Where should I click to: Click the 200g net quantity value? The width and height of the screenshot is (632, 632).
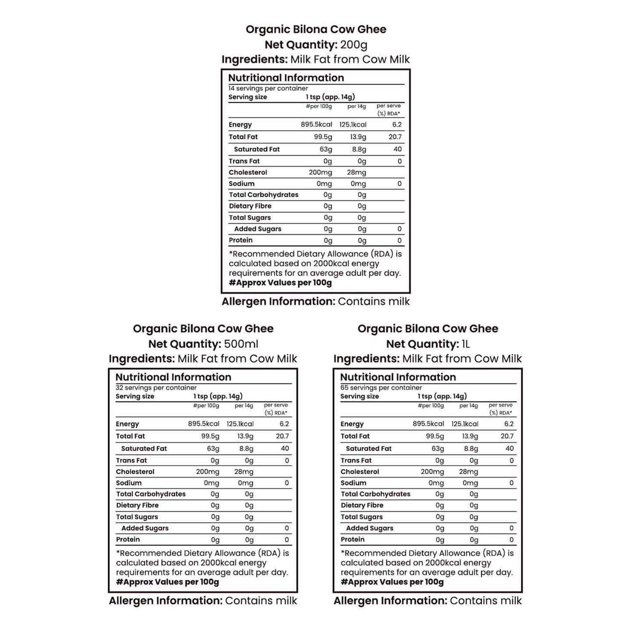point(354,45)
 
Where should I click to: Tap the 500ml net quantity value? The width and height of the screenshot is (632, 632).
point(241,344)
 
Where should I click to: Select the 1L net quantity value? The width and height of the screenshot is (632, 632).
point(465,344)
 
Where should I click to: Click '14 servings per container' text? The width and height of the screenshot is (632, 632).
point(268,88)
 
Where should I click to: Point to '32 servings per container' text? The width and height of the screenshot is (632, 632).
point(156,388)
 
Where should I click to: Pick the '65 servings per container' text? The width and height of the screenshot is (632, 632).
point(381,388)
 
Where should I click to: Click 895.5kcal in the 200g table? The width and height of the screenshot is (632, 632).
point(316,125)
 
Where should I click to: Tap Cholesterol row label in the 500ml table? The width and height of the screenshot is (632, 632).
point(135,471)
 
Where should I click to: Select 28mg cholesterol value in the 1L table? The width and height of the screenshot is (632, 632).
point(468,471)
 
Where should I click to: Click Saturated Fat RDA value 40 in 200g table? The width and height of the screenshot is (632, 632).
point(397,149)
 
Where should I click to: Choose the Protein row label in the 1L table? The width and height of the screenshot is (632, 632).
point(353,539)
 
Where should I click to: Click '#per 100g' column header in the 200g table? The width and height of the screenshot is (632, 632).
point(319,106)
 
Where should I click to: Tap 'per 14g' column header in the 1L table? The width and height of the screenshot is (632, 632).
point(468,405)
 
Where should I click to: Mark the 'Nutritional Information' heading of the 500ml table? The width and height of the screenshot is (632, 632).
point(173,377)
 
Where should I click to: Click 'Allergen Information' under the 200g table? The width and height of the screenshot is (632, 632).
point(278,301)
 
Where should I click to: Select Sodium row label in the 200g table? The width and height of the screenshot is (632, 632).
point(241,184)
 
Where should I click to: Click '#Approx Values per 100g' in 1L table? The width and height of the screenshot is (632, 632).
point(392,582)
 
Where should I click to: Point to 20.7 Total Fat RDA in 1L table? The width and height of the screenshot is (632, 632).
point(507,436)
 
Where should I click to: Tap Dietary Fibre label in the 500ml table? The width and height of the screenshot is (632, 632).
point(137,505)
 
